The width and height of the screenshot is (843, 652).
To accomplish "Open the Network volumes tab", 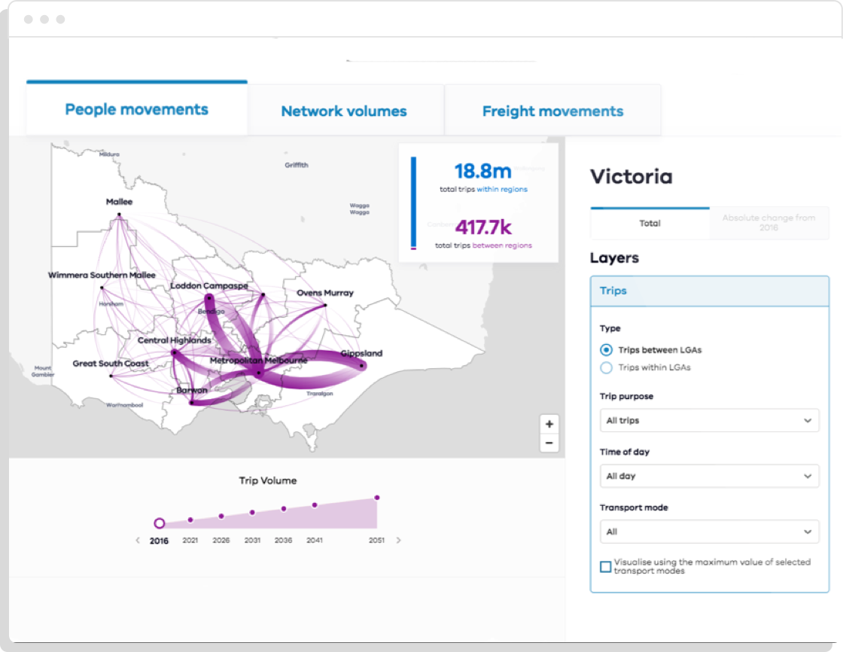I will coord(344,111).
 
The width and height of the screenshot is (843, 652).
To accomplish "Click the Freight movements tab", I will coord(552,111).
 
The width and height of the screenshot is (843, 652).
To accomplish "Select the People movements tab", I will coord(136,109).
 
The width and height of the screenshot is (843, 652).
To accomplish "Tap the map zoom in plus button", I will coord(549,424).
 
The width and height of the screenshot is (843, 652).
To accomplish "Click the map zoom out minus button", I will coord(549,443).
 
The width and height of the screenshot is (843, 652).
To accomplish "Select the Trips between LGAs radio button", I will coord(606,349).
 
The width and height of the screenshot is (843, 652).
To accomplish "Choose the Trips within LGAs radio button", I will coord(606,367).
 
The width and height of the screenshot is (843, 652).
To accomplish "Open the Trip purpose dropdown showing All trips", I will coord(708,420).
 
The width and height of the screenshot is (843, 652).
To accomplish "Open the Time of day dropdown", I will coord(708,476).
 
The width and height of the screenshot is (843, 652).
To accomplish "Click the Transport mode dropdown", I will coord(708,532).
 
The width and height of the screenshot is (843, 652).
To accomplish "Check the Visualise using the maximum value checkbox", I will coord(605,566).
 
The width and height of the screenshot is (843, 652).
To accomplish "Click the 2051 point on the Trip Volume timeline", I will coord(376,498).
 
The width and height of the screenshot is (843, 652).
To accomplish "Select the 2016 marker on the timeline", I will coord(159,523).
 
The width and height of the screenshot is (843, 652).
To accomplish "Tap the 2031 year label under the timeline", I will coord(252,541).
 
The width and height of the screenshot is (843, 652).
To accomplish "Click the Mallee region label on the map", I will coord(119,202).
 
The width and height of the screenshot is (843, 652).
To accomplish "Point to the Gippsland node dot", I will coord(362,367).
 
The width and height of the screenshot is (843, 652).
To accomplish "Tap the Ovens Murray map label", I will coord(324,293).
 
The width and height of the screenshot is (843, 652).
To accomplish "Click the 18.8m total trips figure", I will coord(483,170).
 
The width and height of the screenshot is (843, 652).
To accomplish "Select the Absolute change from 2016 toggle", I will coord(768,223).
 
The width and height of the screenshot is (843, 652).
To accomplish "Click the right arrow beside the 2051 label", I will coord(399,541).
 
